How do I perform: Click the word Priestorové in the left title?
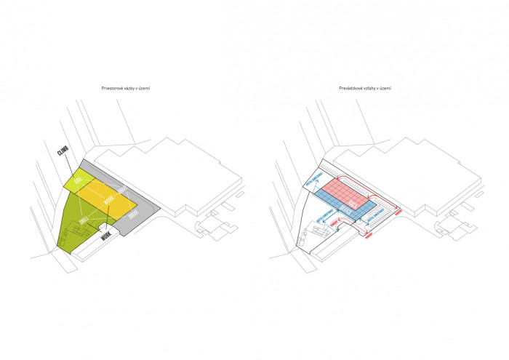pyautogui.click(x=112, y=88)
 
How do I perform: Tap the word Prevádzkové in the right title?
pyautogui.click(x=352, y=88)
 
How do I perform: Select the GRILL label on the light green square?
pyautogui.click(x=79, y=179)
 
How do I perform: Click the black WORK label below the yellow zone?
pyautogui.click(x=107, y=236)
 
